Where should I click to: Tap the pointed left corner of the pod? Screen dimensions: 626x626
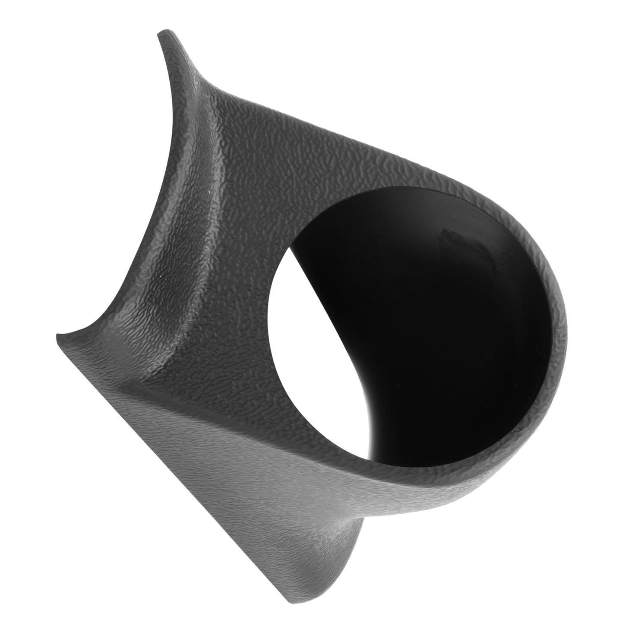click(x=58, y=337)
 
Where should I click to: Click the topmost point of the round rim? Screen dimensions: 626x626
click(x=414, y=187)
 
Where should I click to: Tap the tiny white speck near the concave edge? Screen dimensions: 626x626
click(x=210, y=191)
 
